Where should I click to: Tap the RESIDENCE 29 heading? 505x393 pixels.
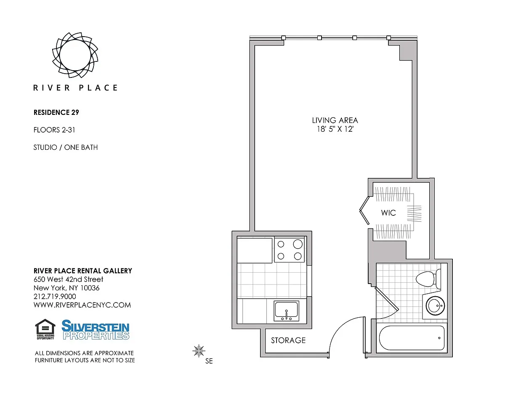(56, 112)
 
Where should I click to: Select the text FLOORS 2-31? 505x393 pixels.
(54, 130)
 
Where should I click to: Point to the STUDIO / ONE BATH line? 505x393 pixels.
(66, 147)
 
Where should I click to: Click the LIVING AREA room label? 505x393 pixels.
(335, 120)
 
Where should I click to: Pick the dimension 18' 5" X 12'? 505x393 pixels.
(335, 129)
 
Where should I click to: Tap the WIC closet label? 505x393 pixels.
(388, 213)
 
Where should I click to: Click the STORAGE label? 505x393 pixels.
(288, 340)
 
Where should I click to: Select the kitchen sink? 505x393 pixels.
(286, 311)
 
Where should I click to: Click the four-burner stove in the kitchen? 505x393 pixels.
(290, 250)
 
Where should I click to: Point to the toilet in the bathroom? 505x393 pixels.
(428, 279)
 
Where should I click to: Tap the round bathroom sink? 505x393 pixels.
(435, 305)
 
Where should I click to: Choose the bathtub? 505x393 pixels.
(412, 338)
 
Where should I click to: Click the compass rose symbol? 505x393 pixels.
(199, 351)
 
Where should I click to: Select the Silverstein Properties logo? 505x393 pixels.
(95, 330)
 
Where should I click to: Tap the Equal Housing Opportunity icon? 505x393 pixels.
(45, 329)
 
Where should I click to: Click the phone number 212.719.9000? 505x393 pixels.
(55, 296)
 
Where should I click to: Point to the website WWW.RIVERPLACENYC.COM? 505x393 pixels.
(82, 305)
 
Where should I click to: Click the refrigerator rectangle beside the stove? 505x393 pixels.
(255, 251)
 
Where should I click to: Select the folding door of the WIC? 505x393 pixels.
(364, 211)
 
